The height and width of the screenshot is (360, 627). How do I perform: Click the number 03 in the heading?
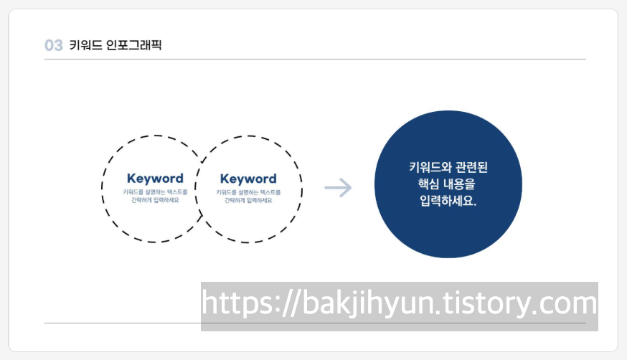(x=54, y=45)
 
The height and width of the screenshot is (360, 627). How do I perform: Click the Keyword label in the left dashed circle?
(x=155, y=179)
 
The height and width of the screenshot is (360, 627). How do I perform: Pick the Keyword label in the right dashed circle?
(x=248, y=179)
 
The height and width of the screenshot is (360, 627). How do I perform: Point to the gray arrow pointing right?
(x=338, y=189)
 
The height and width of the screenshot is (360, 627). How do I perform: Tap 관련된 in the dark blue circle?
(x=472, y=168)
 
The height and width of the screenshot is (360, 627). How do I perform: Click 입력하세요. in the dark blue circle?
(x=448, y=202)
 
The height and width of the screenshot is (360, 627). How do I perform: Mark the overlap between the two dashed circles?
(x=202, y=188)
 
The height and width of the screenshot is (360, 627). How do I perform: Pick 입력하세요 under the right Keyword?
(x=259, y=200)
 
